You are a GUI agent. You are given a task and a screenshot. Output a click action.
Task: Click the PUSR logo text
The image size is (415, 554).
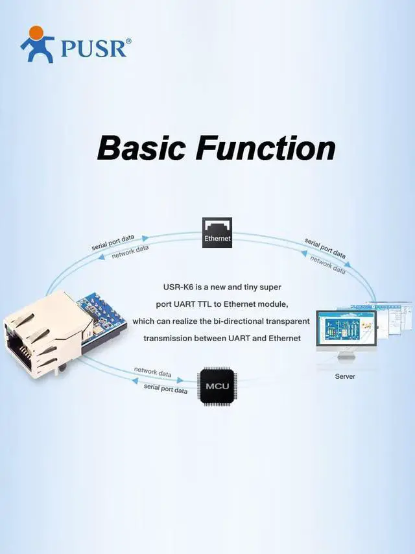click(x=93, y=48)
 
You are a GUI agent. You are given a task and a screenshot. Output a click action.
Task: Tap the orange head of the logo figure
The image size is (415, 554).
click(x=36, y=32)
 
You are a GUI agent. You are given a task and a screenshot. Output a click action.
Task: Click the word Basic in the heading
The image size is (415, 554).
click(x=141, y=148)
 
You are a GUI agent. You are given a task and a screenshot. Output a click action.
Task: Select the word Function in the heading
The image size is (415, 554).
click(x=266, y=148)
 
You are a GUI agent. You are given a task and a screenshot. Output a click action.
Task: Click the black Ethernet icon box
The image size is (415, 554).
click(x=217, y=232)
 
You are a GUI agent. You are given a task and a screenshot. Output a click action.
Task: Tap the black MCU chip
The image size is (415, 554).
click(x=217, y=386)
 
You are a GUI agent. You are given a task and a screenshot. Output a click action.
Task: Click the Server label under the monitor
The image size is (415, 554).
click(x=345, y=376)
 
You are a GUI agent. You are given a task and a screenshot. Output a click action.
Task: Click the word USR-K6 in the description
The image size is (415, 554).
click(x=178, y=287)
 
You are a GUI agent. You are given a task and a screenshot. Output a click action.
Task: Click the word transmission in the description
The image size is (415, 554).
click(x=168, y=338)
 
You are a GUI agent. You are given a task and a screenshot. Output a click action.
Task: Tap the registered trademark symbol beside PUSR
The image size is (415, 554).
click(x=128, y=41)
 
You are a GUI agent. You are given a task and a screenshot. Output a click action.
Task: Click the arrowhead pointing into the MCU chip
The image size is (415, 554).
click(x=180, y=379)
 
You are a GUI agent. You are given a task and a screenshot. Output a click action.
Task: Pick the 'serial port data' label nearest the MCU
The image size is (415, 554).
click(x=165, y=389)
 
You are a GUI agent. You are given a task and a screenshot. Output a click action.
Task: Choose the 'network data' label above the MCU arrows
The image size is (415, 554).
click(x=152, y=372)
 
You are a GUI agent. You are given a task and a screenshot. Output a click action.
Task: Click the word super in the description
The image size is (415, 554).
click(x=270, y=287)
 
